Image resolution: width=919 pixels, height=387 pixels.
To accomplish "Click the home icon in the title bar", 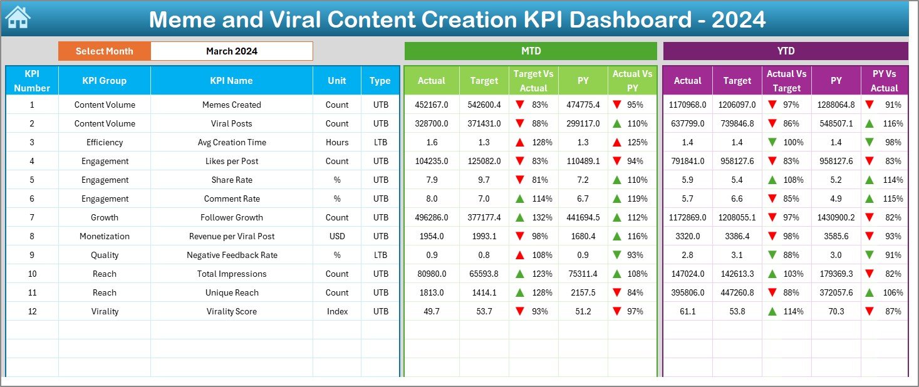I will click(x=18, y=18).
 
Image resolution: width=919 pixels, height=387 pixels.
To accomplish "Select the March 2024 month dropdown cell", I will click(x=231, y=51).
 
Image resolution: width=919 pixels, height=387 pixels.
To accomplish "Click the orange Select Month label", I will click(x=104, y=51).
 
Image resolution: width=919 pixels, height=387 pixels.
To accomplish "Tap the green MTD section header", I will click(x=531, y=51).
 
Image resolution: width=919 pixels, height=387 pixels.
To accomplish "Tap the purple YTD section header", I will click(x=786, y=51).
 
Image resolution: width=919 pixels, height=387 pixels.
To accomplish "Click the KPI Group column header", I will click(x=104, y=81).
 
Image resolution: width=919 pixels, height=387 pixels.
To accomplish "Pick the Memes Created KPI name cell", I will click(x=231, y=105).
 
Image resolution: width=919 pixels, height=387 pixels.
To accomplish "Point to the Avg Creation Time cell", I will click(x=231, y=142).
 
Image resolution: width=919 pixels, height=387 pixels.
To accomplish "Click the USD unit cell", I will click(x=337, y=236).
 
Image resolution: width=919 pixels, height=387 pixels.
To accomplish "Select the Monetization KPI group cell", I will click(x=104, y=236).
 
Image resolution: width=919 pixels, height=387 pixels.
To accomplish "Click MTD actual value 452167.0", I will click(x=431, y=105).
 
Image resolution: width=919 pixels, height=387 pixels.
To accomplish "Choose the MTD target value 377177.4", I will click(x=484, y=217).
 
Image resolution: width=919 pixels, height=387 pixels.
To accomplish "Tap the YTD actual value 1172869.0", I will click(x=687, y=217).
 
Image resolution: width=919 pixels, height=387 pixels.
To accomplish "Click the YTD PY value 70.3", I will click(x=836, y=311).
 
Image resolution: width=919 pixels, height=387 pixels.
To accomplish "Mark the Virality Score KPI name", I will click(x=231, y=311).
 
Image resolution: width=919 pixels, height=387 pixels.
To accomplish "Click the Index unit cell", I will click(x=337, y=311).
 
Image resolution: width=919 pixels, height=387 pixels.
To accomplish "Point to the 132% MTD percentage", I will click(x=543, y=217).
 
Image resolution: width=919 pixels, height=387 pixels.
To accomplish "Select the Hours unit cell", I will click(x=337, y=142).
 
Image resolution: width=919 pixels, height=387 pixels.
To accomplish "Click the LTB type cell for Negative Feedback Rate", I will click(x=380, y=255).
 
